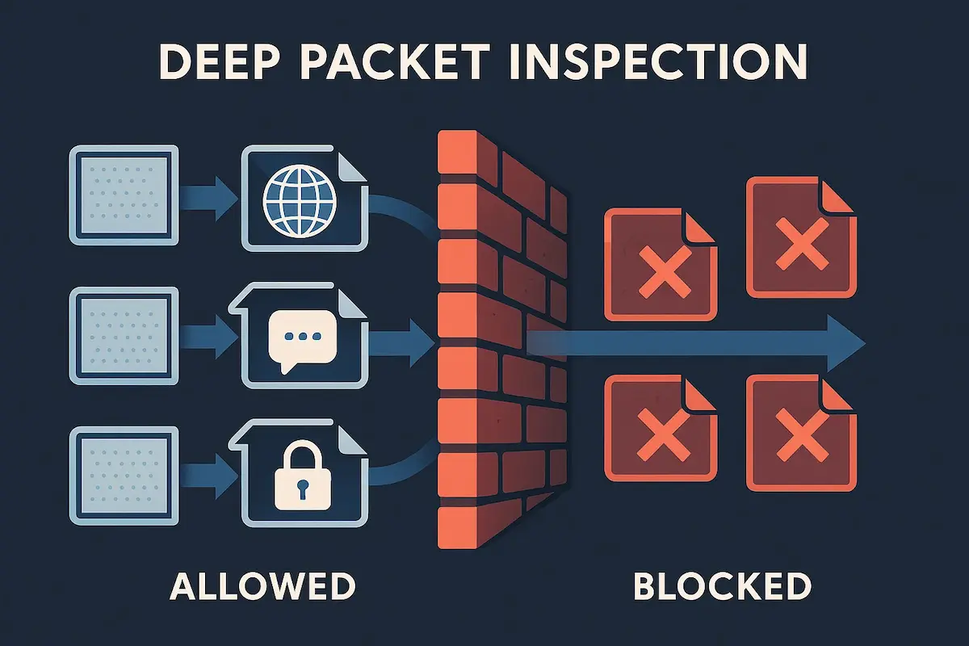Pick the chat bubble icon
tap(300, 338)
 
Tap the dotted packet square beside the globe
tap(124, 194)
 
